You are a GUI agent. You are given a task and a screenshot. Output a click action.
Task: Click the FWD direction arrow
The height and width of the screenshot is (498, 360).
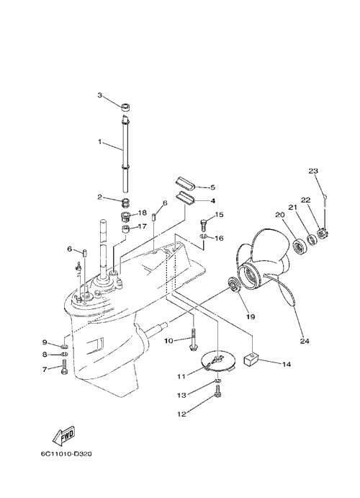pyautogui.click(x=64, y=435)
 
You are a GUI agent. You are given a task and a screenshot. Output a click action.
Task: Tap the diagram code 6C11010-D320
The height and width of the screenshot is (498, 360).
pyautogui.click(x=66, y=454)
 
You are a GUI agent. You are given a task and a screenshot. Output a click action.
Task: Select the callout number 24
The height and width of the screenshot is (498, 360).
pyautogui.click(x=305, y=341)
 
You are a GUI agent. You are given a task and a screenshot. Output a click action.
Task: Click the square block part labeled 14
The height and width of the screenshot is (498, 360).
pyautogui.click(x=251, y=361)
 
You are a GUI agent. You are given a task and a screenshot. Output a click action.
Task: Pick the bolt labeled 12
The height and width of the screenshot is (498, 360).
pyautogui.click(x=217, y=390)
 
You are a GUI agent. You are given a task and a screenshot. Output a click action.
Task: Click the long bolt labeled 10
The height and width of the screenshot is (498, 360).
pyautogui.click(x=193, y=339)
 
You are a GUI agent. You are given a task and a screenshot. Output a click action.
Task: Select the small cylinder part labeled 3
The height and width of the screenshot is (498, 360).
pyautogui.click(x=126, y=107)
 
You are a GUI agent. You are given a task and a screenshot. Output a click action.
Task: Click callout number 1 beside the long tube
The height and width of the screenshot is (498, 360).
pyautogui.click(x=99, y=141)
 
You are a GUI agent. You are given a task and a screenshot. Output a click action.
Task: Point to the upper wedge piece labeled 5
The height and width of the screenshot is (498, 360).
pyautogui.click(x=184, y=184)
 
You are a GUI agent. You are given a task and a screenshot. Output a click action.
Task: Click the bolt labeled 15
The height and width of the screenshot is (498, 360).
pyautogui.click(x=204, y=225)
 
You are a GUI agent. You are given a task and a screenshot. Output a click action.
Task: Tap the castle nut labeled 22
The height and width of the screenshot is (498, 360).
pyautogui.click(x=323, y=235)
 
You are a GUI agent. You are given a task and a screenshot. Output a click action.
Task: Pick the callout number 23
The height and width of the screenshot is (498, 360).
pyautogui.click(x=313, y=171)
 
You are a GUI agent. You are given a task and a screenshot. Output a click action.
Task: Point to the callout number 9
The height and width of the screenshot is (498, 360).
pyautogui.click(x=45, y=342)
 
